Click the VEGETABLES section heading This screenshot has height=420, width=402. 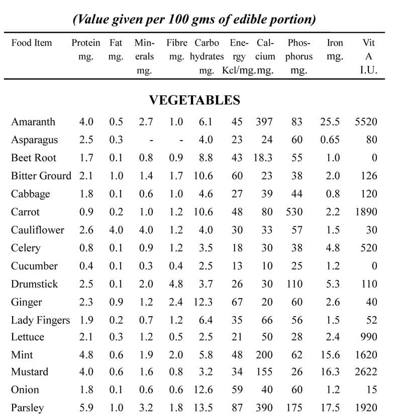[x=194, y=100]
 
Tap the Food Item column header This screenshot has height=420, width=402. [x=32, y=43]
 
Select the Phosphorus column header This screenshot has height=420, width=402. [x=299, y=56]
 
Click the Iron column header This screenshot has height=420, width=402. [x=335, y=50]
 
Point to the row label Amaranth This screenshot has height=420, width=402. [x=33, y=122]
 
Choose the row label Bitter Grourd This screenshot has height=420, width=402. [x=41, y=176]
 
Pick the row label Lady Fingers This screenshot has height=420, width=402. [x=40, y=320]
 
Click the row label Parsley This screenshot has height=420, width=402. [x=27, y=408]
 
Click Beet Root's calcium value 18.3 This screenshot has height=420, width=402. [x=262, y=158]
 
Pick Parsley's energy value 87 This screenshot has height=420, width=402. [x=237, y=408]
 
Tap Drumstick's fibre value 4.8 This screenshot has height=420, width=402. [x=175, y=284]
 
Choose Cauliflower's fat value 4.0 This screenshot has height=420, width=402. [x=116, y=230]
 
